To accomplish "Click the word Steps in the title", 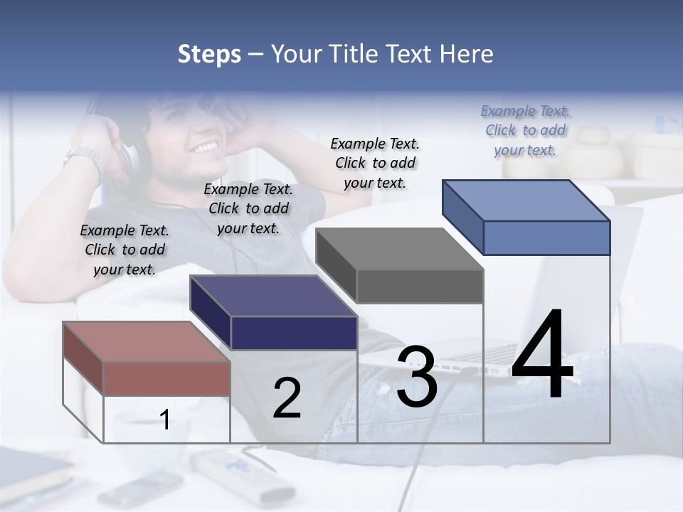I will (209, 54).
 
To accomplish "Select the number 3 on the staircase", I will (417, 377).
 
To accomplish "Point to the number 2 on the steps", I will (287, 398).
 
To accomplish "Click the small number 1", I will (165, 420).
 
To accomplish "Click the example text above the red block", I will (125, 250).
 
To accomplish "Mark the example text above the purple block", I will (248, 208).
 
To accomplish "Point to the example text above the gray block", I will (375, 163).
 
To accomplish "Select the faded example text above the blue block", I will (525, 130).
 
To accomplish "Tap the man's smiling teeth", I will (205, 147).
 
